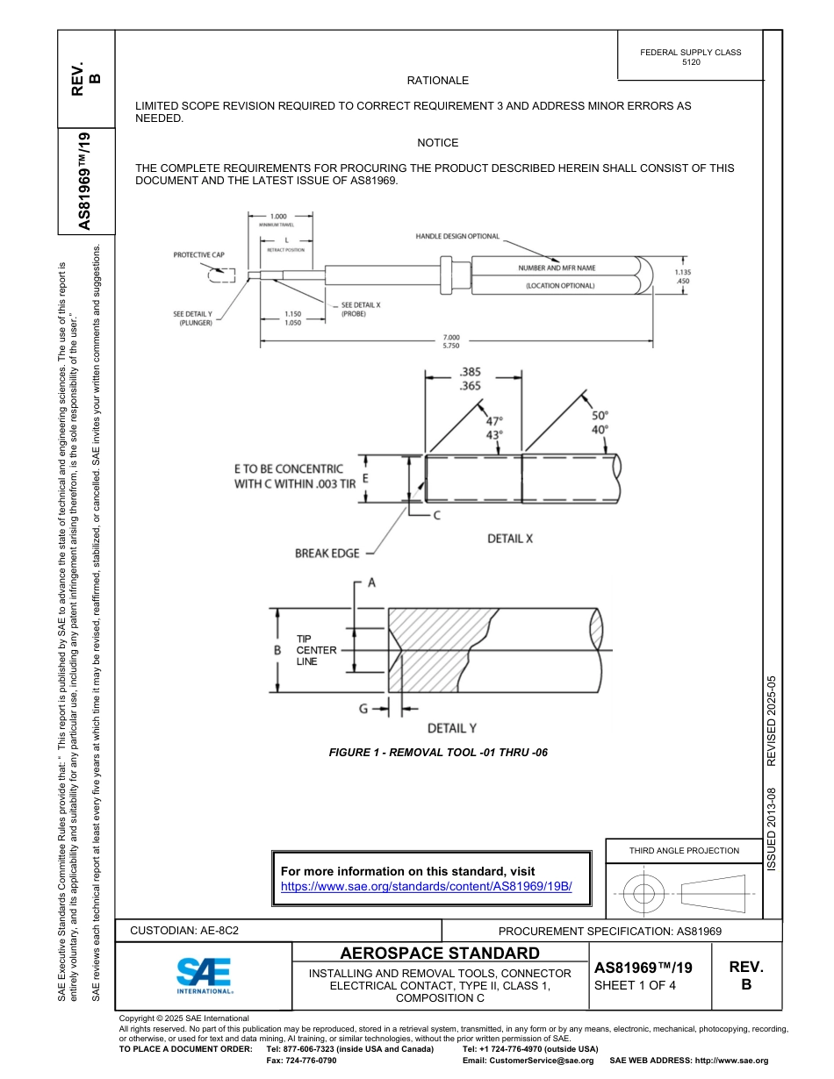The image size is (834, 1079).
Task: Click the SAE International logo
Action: click(205, 975)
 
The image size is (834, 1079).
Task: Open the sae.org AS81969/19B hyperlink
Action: click(426, 886)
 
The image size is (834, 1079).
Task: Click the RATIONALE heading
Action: click(438, 81)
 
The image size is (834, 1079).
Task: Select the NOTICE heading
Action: click(438, 142)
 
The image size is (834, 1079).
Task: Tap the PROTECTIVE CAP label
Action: click(198, 255)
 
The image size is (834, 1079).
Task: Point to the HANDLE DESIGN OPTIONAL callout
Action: click(457, 236)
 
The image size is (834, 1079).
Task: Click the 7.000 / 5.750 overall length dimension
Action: click(451, 341)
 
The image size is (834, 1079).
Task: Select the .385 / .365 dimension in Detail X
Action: click(470, 379)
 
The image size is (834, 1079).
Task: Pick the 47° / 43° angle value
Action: click(495, 427)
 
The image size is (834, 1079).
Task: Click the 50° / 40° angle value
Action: click(600, 422)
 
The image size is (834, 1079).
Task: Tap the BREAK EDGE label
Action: click(327, 554)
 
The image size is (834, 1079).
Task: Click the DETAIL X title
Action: click(510, 539)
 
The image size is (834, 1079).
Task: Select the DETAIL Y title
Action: click(451, 728)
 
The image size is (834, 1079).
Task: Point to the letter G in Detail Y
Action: click(363, 709)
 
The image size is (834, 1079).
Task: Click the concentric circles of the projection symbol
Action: click(644, 895)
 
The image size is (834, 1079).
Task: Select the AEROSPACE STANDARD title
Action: click(440, 954)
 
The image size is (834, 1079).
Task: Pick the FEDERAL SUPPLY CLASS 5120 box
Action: click(690, 57)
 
